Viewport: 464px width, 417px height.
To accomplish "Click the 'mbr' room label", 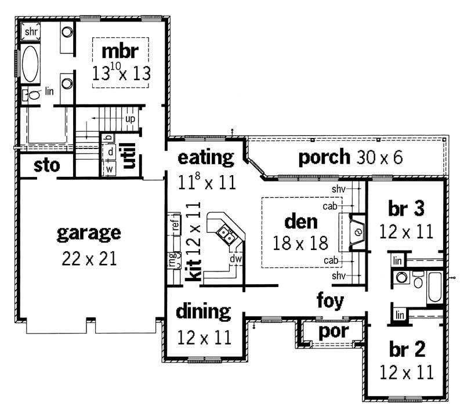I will tap(120, 51).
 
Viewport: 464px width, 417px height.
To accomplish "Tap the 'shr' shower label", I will tap(30, 31).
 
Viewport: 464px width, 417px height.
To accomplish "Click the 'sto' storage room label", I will tap(46, 165).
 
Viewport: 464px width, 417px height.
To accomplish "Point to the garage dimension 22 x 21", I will tap(89, 258).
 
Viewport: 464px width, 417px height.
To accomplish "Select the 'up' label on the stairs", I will tap(130, 118).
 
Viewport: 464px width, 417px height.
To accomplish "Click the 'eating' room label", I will tap(205, 157).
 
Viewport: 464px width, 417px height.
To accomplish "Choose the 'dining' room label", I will tap(203, 311).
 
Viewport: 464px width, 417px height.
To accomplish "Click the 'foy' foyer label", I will tap(330, 300).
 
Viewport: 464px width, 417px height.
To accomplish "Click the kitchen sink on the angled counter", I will tap(226, 234).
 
